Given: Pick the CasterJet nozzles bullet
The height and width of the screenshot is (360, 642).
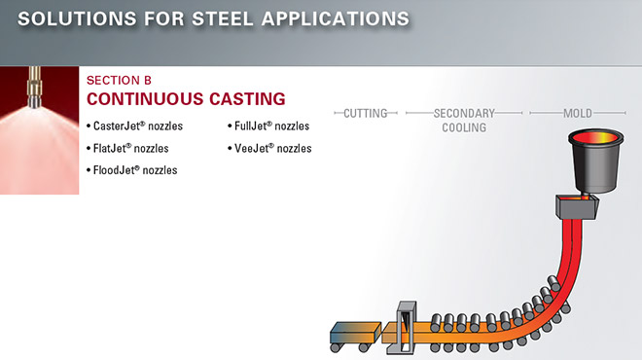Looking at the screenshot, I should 143,126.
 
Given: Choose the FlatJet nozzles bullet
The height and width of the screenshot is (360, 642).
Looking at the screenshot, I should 130,148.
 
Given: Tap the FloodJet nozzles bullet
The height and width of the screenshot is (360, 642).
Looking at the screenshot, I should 135,169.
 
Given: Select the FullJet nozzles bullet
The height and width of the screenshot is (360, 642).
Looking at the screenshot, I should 272,126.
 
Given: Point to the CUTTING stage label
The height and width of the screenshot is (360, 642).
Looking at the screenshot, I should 366,114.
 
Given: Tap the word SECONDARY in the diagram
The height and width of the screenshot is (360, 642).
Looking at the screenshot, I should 464,114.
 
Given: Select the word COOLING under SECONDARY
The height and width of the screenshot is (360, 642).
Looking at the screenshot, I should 464,127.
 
